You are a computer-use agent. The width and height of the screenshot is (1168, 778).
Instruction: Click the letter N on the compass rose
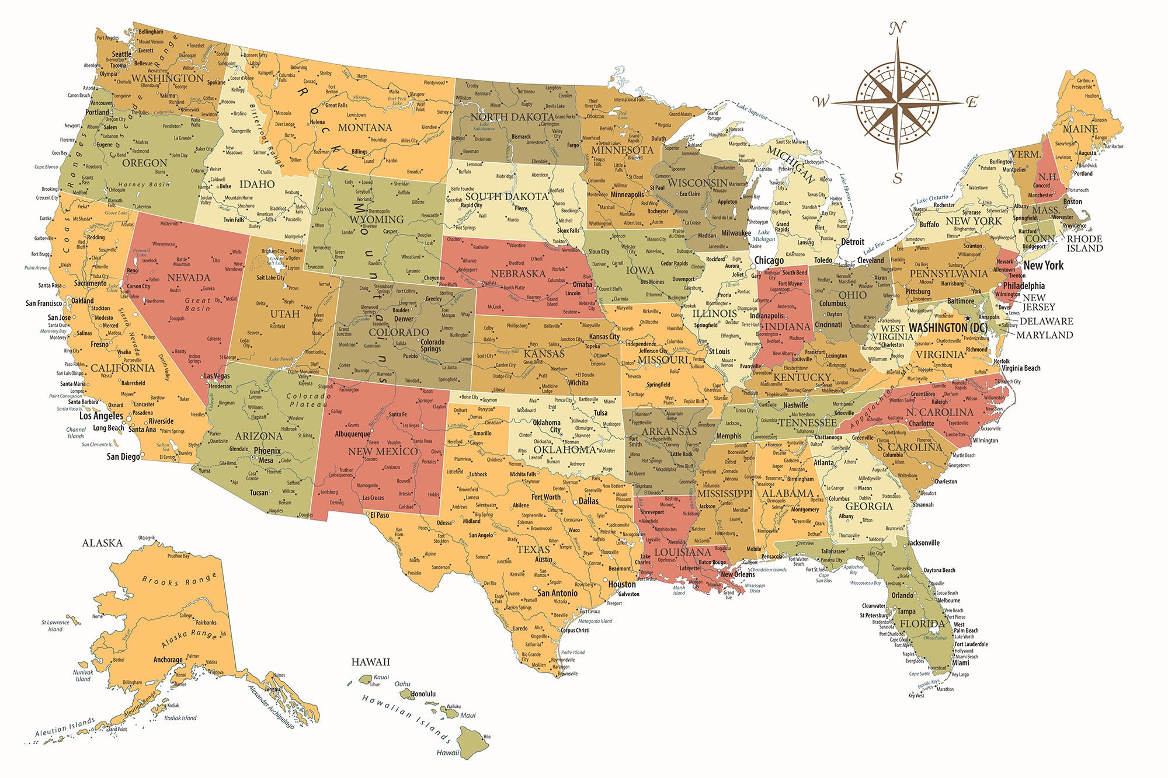click(898, 27)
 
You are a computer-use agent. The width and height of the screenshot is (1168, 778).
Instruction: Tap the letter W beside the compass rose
click(821, 102)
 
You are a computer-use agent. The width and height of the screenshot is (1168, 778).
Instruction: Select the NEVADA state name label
click(189, 278)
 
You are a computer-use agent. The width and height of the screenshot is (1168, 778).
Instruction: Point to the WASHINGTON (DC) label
click(948, 328)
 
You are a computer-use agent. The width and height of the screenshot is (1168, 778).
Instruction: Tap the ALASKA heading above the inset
click(102, 543)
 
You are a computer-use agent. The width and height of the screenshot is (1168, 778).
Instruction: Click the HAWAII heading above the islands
click(370, 662)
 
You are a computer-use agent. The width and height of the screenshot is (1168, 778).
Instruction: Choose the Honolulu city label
click(423, 694)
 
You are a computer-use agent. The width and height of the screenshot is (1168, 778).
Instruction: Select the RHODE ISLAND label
click(1084, 243)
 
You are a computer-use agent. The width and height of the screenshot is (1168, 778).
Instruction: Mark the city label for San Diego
click(123, 456)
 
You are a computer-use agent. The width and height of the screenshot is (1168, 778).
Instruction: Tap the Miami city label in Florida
click(961, 662)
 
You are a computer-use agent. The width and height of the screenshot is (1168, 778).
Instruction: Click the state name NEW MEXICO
click(383, 451)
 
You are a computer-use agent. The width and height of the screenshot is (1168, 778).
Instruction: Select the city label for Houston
click(622, 584)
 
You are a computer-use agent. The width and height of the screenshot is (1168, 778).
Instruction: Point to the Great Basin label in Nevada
click(197, 304)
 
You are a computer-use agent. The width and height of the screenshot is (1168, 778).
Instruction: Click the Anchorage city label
click(168, 660)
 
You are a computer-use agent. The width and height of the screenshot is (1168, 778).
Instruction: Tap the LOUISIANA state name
click(682, 552)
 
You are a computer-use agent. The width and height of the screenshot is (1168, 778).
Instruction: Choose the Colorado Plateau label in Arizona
click(308, 400)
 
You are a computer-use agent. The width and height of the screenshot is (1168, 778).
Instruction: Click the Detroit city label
click(853, 242)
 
